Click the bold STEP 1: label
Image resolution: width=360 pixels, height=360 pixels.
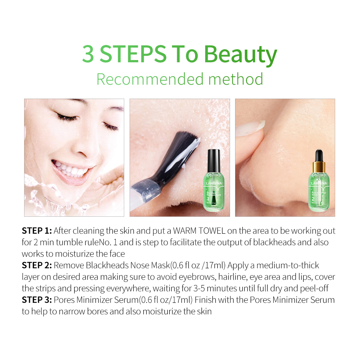pyautogui.click(x=37, y=231)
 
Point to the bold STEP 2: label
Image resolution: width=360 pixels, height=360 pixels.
pyautogui.click(x=37, y=266)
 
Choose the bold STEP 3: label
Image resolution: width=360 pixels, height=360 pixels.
pyautogui.click(x=37, y=300)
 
